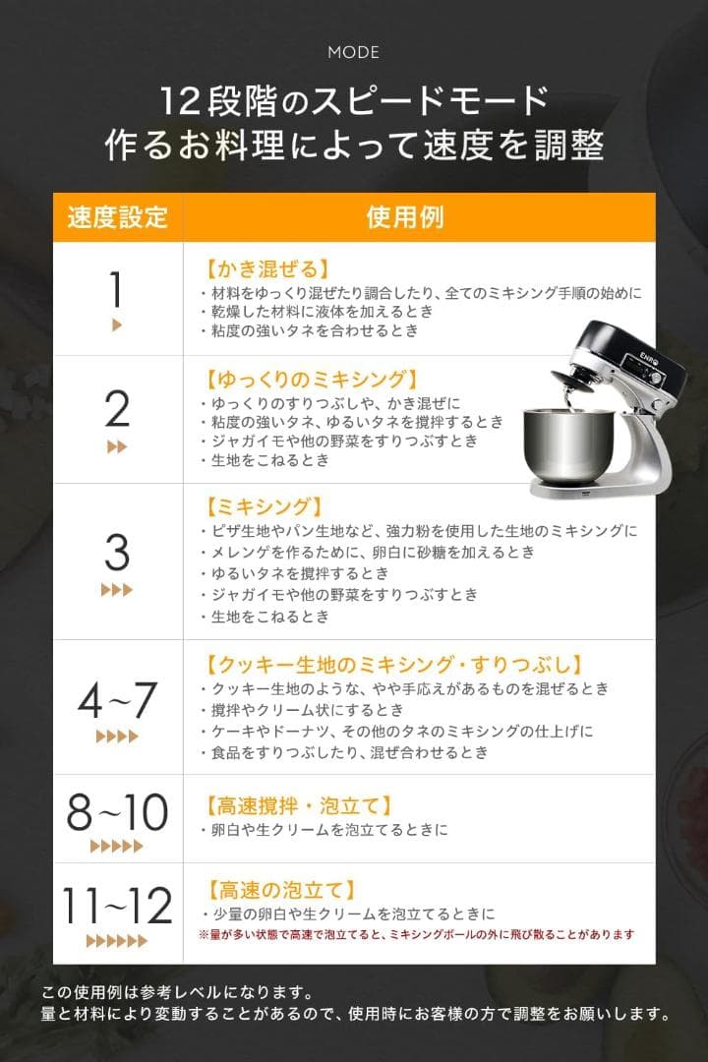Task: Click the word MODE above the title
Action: click(x=354, y=52)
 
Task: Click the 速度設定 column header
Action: click(x=117, y=217)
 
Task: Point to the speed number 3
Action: click(x=117, y=553)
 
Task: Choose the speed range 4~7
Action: click(x=117, y=700)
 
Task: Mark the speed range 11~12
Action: click(x=117, y=906)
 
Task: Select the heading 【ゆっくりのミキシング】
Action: click(x=312, y=379)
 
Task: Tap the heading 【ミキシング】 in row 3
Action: click(x=263, y=506)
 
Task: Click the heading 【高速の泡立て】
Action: click(x=280, y=890)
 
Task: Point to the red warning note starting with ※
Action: click(x=416, y=934)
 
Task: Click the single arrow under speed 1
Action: click(x=117, y=325)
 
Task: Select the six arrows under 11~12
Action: click(x=117, y=941)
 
